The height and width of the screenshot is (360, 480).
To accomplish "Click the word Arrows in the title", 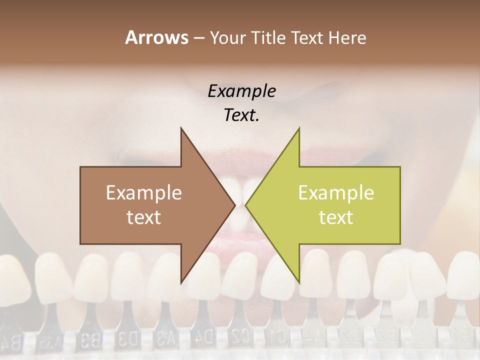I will (156, 37).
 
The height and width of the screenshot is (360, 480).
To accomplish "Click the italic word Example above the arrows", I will (241, 91).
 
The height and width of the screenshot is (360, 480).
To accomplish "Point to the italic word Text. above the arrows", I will (241, 115).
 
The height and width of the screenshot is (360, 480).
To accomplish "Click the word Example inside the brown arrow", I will (143, 193).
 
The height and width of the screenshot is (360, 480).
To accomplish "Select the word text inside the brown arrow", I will (143, 217).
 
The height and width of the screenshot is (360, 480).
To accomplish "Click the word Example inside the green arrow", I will (336, 193).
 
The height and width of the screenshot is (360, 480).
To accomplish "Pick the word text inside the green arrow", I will (336, 217).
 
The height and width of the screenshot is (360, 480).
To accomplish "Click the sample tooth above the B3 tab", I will (90, 277).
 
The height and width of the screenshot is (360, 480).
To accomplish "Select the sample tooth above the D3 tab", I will (127, 277).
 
